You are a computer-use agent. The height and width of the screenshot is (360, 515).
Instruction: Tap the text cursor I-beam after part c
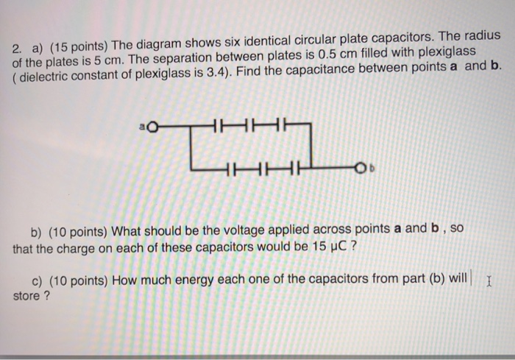point(489,280)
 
